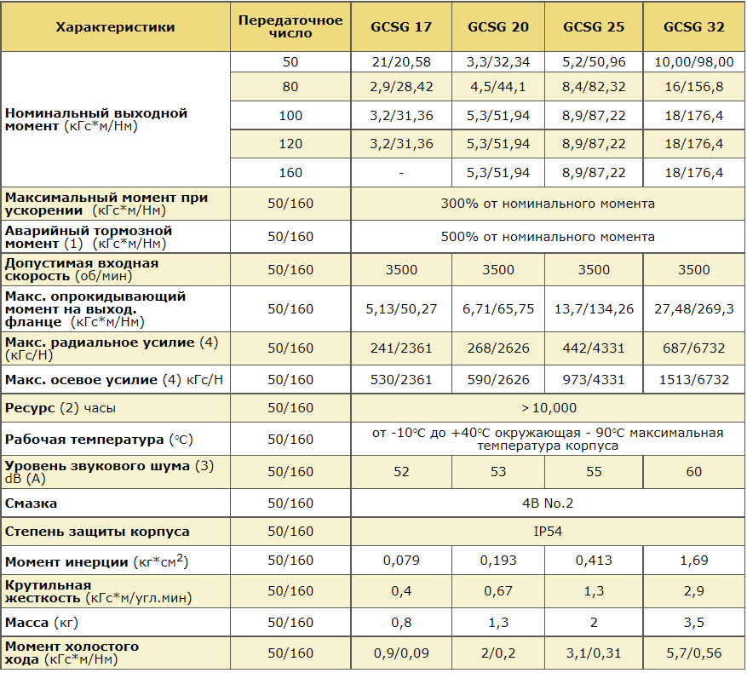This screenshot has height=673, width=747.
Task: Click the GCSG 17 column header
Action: click(x=401, y=26)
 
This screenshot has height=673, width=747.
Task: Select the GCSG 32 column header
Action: click(x=693, y=26)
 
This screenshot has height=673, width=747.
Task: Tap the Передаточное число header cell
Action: click(x=290, y=26)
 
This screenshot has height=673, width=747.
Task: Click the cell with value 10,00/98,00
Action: click(x=693, y=62)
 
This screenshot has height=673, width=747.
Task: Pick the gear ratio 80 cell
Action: click(x=290, y=87)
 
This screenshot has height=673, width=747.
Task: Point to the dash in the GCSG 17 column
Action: click(x=401, y=173)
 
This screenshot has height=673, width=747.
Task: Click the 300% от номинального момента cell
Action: click(x=548, y=204)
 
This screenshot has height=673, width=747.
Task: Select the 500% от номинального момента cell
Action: click(x=548, y=237)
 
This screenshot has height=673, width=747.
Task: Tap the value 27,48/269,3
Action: click(x=693, y=309)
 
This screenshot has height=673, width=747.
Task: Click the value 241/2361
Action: click(x=401, y=348)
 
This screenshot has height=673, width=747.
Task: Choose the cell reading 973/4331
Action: click(x=594, y=379)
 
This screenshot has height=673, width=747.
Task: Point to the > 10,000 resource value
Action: click(x=549, y=408)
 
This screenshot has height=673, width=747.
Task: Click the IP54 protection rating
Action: click(x=548, y=531)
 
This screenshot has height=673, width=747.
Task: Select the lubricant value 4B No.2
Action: click(x=548, y=503)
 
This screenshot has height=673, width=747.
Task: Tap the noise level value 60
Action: click(x=693, y=471)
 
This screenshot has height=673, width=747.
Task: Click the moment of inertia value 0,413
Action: click(x=594, y=560)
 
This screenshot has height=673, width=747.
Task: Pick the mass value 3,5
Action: click(x=693, y=623)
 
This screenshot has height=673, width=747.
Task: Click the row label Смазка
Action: click(x=31, y=503)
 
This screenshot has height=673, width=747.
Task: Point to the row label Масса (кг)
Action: click(x=42, y=623)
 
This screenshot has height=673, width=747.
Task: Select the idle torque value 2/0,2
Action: click(x=498, y=653)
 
